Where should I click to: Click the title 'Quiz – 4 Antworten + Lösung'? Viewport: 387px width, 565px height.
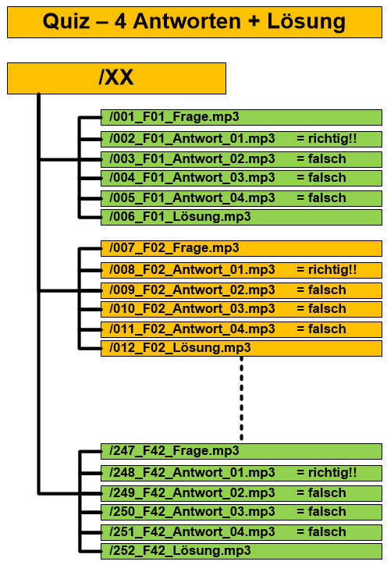(x=194, y=22)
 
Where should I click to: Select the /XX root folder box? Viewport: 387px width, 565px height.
(x=116, y=78)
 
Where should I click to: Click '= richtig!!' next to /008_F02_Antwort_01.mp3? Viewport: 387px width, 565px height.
(x=326, y=270)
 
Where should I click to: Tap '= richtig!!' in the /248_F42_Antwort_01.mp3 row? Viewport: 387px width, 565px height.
(x=326, y=473)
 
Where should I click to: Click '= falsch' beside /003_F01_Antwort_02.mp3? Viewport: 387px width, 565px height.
(x=321, y=159)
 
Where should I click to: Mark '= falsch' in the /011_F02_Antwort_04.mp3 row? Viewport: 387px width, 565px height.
(x=321, y=329)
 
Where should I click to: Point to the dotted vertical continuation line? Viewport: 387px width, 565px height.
(x=241, y=398)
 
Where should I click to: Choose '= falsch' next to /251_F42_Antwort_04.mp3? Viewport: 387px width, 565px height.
(x=321, y=532)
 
